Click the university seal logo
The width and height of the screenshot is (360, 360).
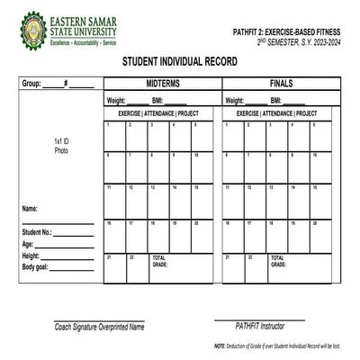tap(33, 30)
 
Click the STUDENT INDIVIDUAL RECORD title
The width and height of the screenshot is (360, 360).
tap(180, 62)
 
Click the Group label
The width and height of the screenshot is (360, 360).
tap(31, 84)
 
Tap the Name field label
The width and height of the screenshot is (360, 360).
tap(31, 209)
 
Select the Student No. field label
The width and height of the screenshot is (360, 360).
tap(37, 232)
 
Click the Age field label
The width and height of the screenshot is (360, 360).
tap(28, 244)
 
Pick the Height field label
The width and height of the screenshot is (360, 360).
tap(31, 256)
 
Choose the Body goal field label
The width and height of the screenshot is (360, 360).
tap(35, 267)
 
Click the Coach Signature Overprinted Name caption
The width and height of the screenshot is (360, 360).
tap(99, 327)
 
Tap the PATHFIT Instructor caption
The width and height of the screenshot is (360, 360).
tap(259, 326)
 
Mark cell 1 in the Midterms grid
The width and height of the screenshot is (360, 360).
tap(114, 136)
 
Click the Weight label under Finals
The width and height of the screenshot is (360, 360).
tap(235, 101)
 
